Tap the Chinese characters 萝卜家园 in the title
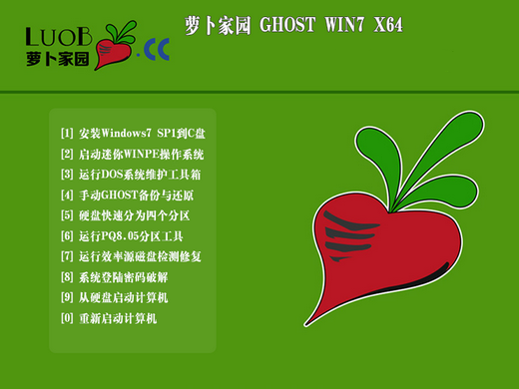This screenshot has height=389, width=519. (x=217, y=26)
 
